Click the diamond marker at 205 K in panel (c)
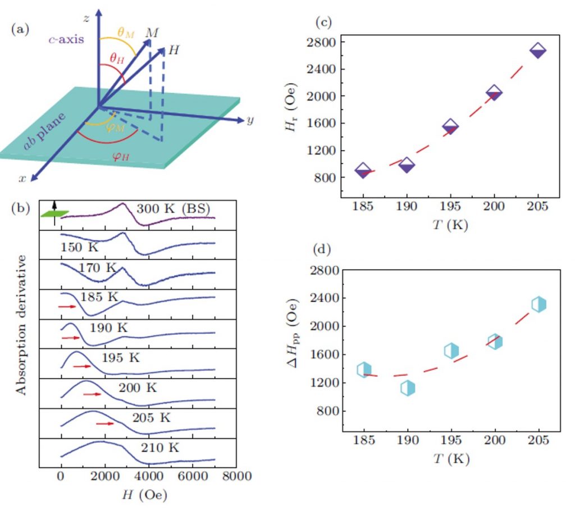point(537,51)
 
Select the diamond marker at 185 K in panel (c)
point(363,170)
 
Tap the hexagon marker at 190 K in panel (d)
point(408,388)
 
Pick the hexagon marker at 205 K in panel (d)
point(539,304)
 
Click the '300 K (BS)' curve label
point(175,209)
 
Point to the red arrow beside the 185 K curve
point(66,307)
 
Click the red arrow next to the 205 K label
point(105,424)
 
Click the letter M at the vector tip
point(152,33)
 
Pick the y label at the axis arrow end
point(250,121)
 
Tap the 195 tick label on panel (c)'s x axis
point(451,206)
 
